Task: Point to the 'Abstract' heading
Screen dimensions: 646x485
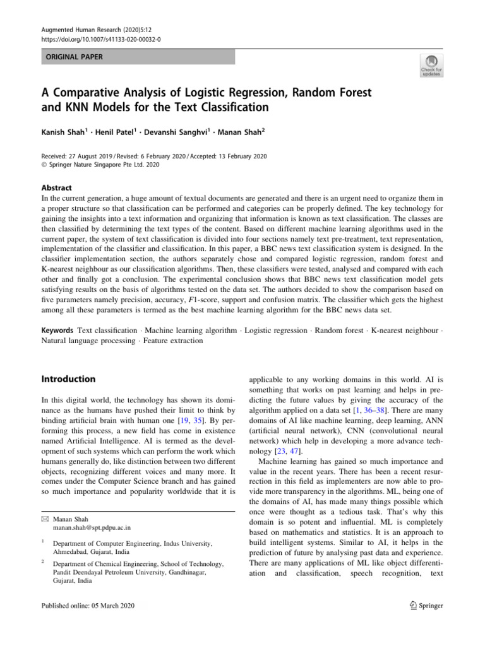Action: (57, 187)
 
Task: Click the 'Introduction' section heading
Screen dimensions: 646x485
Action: (68, 379)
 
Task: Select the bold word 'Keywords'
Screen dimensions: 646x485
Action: (57, 330)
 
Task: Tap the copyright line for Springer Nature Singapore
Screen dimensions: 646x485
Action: (100, 165)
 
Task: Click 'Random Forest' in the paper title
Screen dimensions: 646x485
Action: (329, 93)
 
